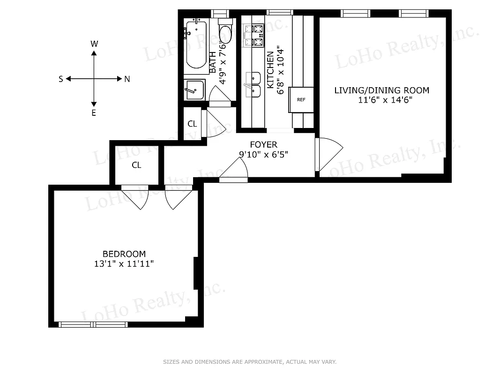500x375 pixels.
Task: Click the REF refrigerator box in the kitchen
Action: click(301, 100)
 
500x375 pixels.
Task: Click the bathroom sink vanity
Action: click(194, 90)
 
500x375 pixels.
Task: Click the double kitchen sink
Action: click(253, 84)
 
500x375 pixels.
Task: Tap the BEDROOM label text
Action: click(124, 254)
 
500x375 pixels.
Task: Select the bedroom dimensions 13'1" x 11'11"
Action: click(124, 264)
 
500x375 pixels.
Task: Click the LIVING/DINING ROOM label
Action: click(381, 90)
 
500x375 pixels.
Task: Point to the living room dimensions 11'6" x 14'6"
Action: click(381, 100)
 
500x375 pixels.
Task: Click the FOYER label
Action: click(263, 145)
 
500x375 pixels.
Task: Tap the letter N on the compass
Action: click(127, 79)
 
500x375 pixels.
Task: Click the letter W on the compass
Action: click(94, 44)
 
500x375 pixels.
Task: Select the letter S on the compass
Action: click(61, 79)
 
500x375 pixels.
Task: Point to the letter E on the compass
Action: click(94, 113)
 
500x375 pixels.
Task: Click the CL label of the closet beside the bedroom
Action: click(136, 165)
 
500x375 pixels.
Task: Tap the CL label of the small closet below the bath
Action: click(192, 124)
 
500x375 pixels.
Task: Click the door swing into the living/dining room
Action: click(329, 155)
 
